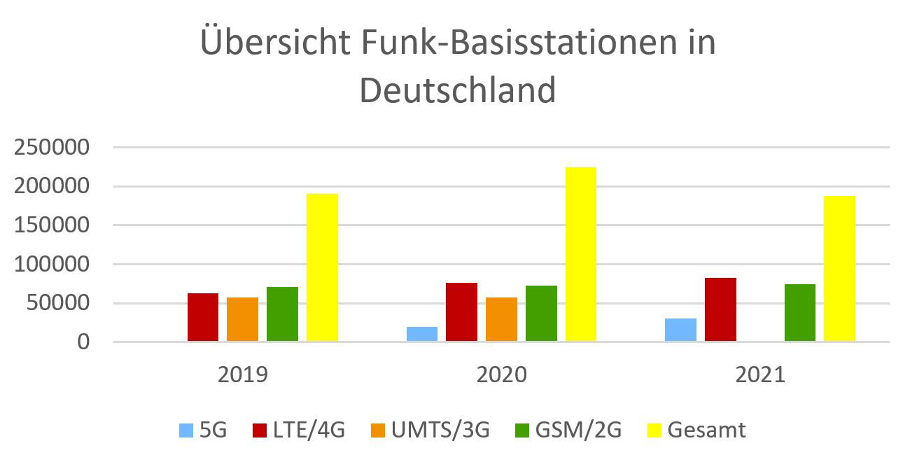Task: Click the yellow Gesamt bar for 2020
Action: click(x=580, y=254)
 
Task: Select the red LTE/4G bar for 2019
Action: click(x=203, y=317)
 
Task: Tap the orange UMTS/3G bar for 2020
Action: click(x=501, y=319)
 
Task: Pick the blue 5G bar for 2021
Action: click(x=680, y=330)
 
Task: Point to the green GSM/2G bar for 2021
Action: click(x=799, y=312)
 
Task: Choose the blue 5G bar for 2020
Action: click(x=422, y=334)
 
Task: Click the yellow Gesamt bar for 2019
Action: click(x=322, y=267)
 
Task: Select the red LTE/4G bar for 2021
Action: click(x=720, y=309)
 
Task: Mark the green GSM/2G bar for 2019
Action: click(x=282, y=314)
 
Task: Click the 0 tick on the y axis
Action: click(x=83, y=342)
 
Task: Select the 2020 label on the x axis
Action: click(x=501, y=374)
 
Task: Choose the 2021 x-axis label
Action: click(x=760, y=374)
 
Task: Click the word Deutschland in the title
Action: click(x=458, y=90)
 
